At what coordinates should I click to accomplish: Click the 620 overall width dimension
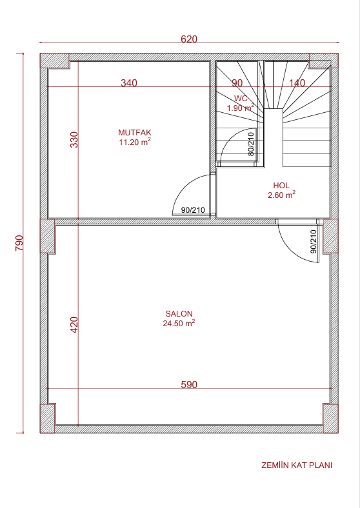(189, 39)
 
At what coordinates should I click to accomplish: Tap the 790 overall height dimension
(19, 242)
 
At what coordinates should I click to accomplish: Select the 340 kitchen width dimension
(129, 83)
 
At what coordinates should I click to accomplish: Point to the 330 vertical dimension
(74, 140)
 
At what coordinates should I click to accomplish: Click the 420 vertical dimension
(74, 325)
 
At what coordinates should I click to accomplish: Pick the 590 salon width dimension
(189, 385)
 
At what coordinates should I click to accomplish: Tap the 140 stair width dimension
(297, 83)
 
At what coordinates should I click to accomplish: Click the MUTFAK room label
(135, 133)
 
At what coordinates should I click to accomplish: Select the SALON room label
(179, 313)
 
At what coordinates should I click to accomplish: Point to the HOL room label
(281, 185)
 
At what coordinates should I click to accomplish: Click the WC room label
(241, 99)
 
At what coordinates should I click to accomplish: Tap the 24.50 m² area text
(179, 323)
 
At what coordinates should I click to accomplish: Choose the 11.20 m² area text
(135, 142)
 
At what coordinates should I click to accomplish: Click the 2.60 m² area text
(281, 195)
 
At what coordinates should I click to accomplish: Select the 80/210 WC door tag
(251, 144)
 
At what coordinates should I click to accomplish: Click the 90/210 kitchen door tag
(193, 210)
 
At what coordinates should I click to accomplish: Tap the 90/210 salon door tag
(314, 242)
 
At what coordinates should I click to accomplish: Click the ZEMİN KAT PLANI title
(297, 465)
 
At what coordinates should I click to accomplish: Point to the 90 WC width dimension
(237, 83)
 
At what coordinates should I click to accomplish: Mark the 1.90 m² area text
(241, 108)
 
